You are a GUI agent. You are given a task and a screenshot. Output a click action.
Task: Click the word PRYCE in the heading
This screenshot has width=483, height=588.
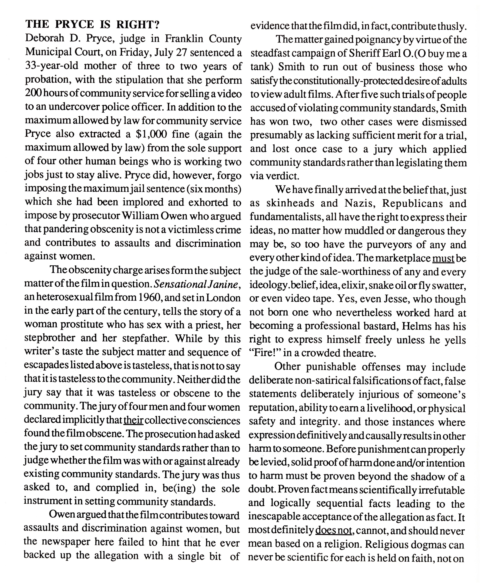click(x=75, y=25)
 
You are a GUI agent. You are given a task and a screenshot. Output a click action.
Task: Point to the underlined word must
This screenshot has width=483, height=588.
click(x=443, y=258)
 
